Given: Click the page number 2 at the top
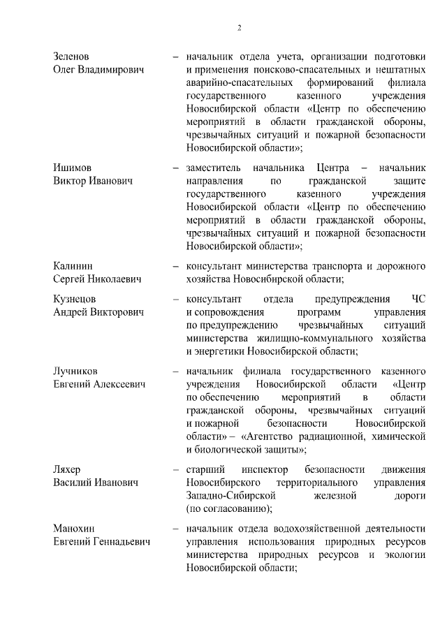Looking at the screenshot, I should (x=239, y=28).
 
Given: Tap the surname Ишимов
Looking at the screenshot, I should (x=73, y=168).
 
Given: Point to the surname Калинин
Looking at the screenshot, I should (x=74, y=265).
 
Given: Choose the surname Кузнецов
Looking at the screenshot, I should (x=75, y=298).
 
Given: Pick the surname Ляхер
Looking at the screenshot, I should (x=68, y=468).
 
